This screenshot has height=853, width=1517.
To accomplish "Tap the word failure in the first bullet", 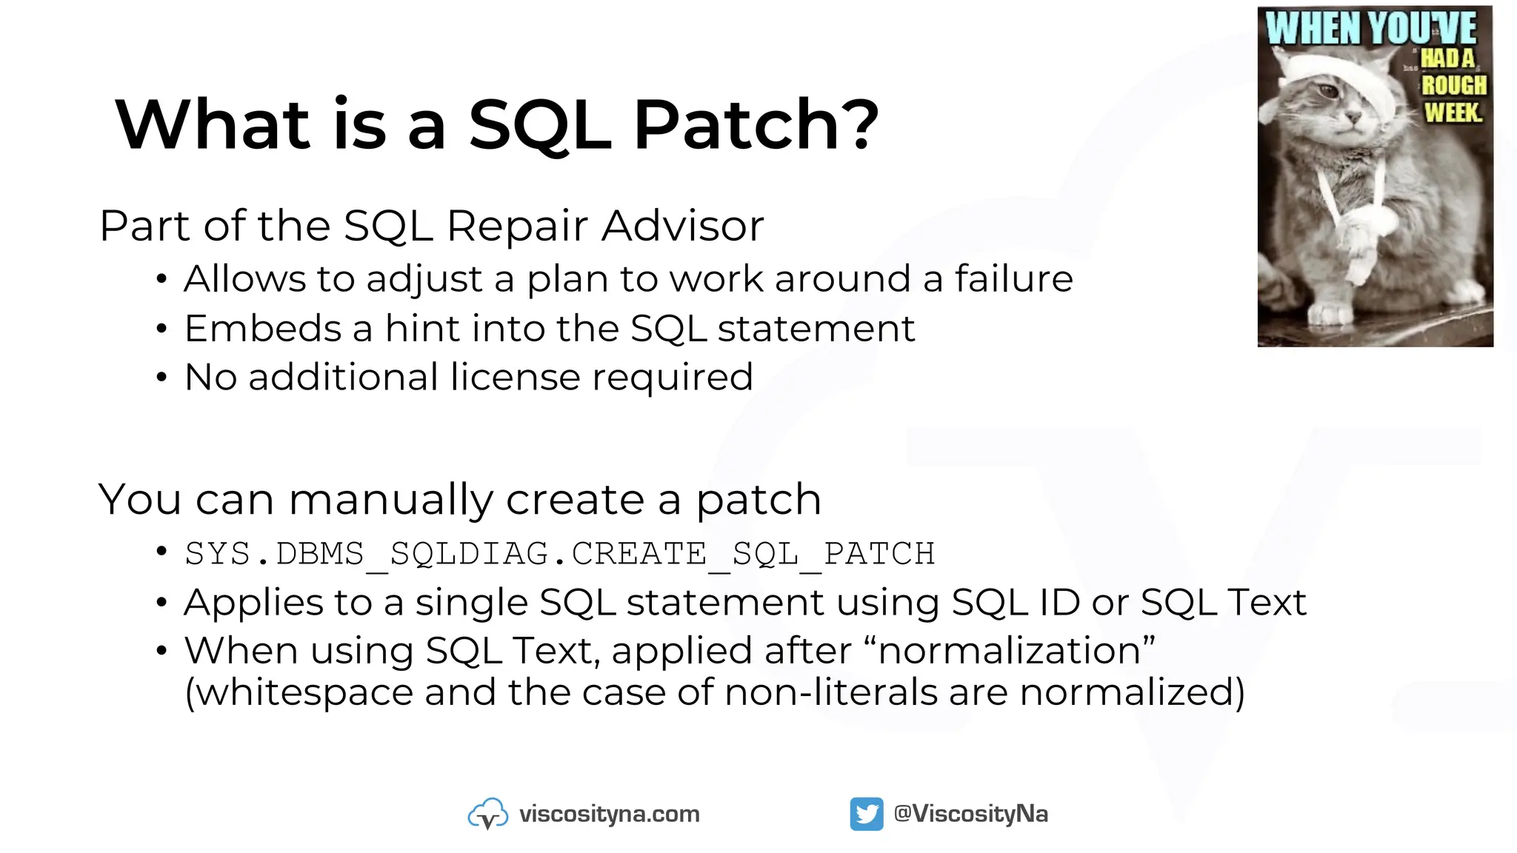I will click(x=1013, y=279).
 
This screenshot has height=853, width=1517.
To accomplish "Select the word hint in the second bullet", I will click(x=421, y=328).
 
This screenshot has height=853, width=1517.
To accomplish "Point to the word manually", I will click(x=390, y=500).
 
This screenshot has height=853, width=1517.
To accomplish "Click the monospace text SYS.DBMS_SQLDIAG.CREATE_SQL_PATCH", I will click(x=560, y=554).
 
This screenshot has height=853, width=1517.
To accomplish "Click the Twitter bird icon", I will click(x=866, y=814).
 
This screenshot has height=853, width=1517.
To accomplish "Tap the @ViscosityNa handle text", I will click(x=970, y=814).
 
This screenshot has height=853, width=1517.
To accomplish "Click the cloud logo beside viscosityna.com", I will click(x=488, y=814).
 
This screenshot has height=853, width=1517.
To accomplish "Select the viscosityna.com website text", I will click(x=609, y=814).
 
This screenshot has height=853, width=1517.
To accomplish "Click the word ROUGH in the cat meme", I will click(x=1453, y=85).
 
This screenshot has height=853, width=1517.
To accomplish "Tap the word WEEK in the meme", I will click(x=1453, y=113).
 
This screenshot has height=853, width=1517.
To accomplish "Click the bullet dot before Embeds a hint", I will click(x=161, y=329).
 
